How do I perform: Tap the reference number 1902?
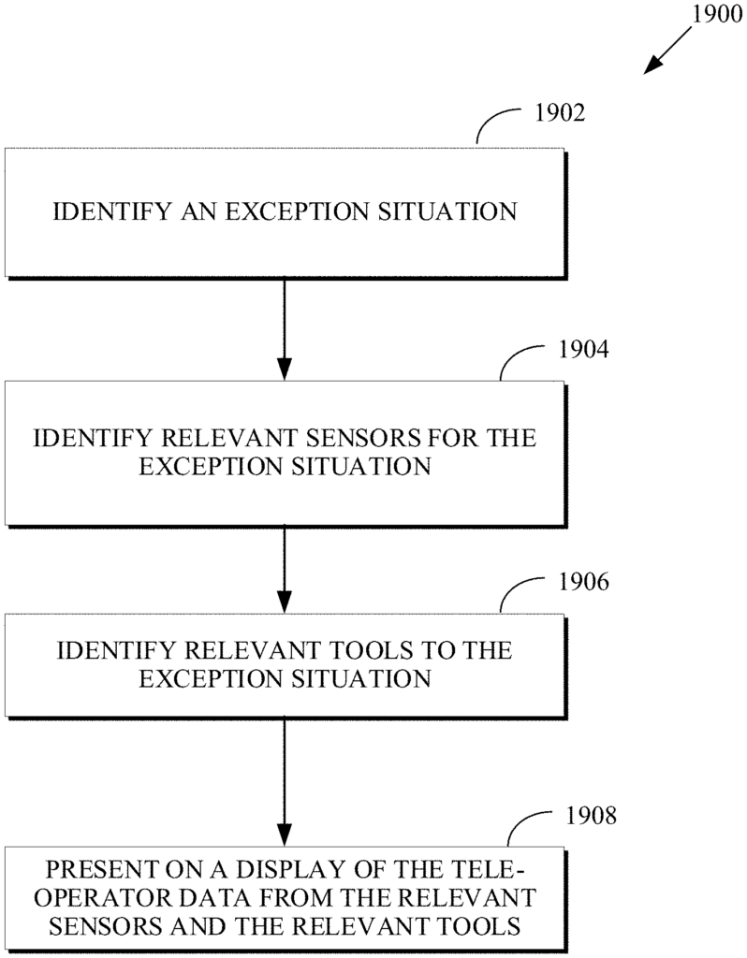[x=560, y=112]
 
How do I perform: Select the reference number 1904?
[x=584, y=349]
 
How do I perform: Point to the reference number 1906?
[x=584, y=582]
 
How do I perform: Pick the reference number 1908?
[x=591, y=816]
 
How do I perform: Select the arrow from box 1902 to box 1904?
[x=285, y=329]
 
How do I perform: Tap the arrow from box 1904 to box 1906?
[x=285, y=570]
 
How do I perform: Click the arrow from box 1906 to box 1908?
[x=285, y=782]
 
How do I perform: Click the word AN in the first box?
[x=199, y=211]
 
